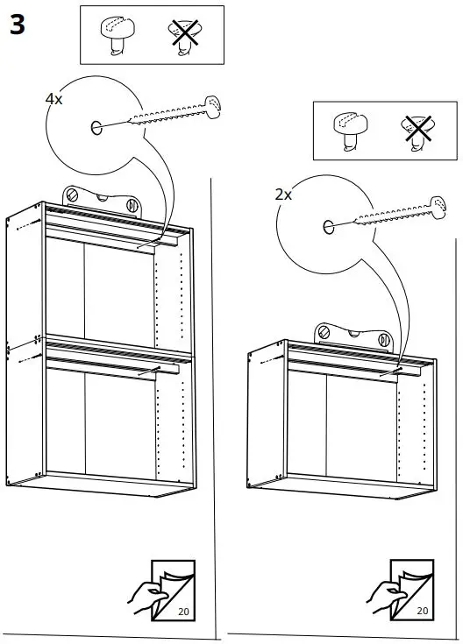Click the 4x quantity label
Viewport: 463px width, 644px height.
coord(54,100)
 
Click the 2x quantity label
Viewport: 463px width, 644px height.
coord(283,195)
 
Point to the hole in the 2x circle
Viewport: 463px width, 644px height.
coord(329,227)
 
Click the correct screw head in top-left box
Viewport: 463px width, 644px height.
coord(115,35)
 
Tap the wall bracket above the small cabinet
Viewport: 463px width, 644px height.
coord(355,336)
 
